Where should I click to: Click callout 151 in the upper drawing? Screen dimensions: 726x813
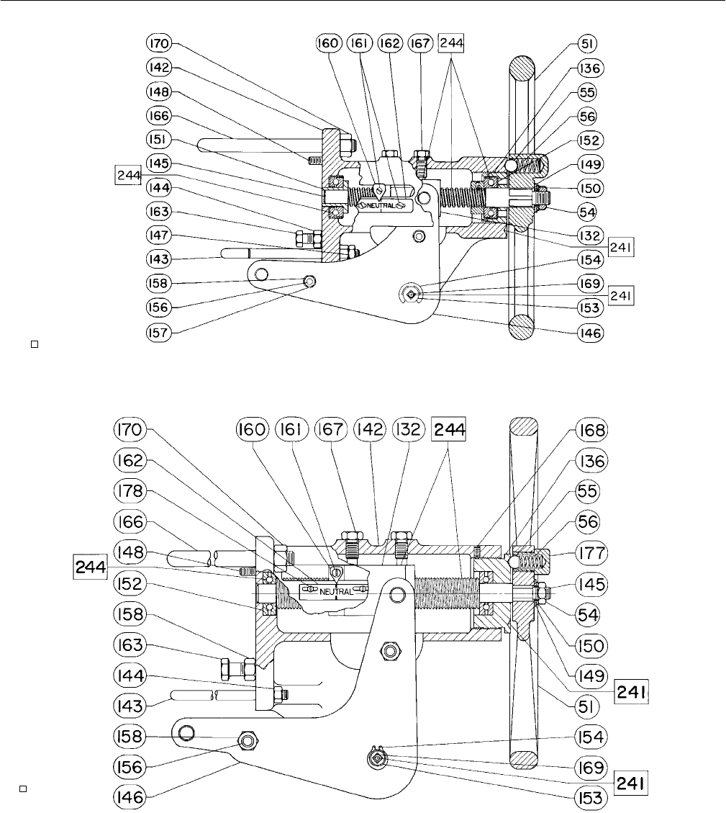[x=159, y=140]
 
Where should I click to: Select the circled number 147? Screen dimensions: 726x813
[x=159, y=235]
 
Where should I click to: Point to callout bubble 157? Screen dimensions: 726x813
[x=159, y=333]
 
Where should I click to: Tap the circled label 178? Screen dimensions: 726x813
[x=130, y=490]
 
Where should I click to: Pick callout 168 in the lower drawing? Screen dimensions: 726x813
[x=591, y=430]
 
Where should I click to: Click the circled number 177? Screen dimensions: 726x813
[x=591, y=553]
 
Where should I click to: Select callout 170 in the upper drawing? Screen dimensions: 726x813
[x=159, y=43]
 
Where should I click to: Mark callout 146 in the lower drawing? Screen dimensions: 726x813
[x=130, y=797]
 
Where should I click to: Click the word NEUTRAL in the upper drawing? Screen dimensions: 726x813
[x=381, y=206]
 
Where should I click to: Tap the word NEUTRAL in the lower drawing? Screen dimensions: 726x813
[x=336, y=592]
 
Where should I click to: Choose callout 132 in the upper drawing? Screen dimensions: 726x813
[x=590, y=235]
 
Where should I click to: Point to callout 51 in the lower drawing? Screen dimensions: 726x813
[x=586, y=706]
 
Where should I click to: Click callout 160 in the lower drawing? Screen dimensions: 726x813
[x=253, y=430]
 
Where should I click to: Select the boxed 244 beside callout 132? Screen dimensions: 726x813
[x=449, y=429]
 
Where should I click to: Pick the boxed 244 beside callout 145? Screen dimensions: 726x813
[x=128, y=175]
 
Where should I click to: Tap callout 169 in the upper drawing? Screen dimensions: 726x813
[x=590, y=284]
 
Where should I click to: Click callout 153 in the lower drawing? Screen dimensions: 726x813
[x=591, y=797]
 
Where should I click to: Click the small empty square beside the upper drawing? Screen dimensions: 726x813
[x=35, y=344]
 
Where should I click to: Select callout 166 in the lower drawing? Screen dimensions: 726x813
[x=130, y=521]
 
